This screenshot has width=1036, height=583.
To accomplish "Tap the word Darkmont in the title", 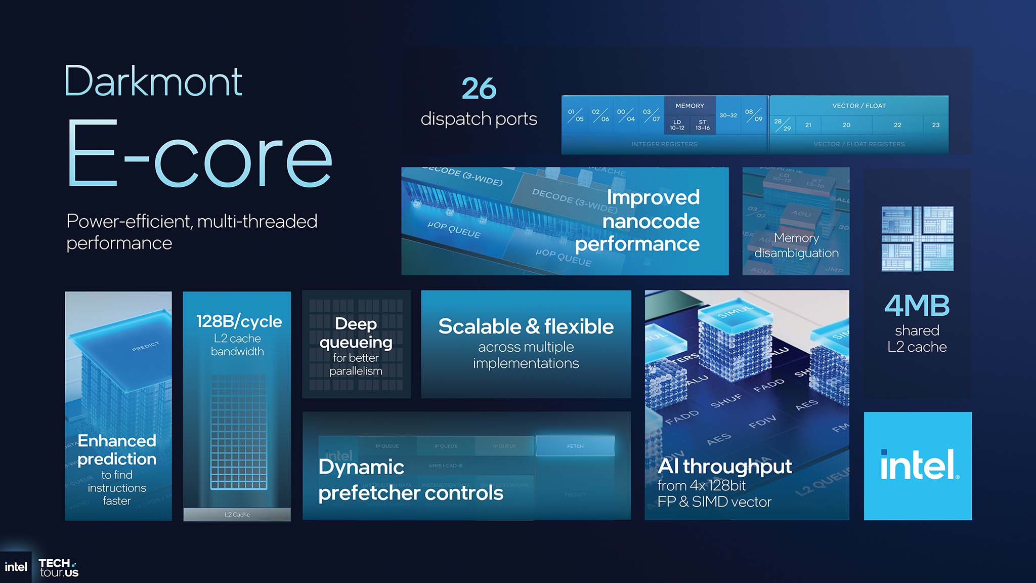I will coord(153,81).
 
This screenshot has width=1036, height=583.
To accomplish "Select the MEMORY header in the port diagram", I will coord(689,106).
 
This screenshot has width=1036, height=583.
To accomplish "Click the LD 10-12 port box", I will coord(677,125).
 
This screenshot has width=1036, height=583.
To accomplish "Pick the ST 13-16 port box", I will coord(702,125).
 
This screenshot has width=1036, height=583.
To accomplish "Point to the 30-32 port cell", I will coord(728,115).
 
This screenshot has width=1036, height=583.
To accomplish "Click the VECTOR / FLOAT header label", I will coord(858,106).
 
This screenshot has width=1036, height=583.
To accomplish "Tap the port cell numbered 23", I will coord(935,125).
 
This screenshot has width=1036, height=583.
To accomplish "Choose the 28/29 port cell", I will coord(782,125).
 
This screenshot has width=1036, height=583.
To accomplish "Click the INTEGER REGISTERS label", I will coord(664,144).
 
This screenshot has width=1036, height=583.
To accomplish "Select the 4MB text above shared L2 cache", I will coord(917,306).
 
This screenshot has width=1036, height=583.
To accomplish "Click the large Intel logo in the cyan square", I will coord(918,466).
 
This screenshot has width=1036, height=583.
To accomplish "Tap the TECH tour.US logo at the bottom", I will coord(59,567).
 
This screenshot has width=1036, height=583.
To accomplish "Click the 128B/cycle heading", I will coord(239,321).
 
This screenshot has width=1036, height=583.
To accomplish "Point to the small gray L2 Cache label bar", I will coord(237,514).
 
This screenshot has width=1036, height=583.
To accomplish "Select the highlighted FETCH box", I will coord(575,446).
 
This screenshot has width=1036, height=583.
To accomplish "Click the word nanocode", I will coord(651,221).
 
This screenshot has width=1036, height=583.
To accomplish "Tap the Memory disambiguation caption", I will coord(796,245).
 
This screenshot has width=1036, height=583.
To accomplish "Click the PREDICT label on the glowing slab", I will coord(145,347).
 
